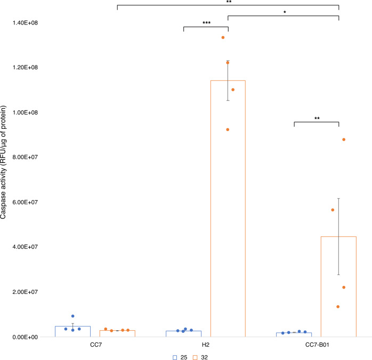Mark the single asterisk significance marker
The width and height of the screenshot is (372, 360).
[284, 12]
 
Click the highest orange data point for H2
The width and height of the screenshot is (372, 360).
[223, 38]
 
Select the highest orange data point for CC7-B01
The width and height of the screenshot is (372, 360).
[344, 140]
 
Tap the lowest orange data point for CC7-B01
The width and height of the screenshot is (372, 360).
[338, 307]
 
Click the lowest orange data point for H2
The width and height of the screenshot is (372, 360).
[228, 129]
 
